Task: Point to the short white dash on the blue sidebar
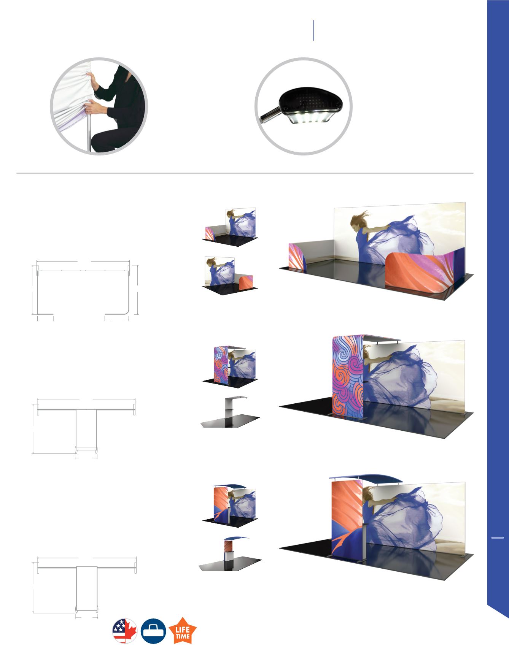tap(498, 538)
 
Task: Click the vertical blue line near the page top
tap(313, 30)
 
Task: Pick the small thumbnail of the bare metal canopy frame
tap(231, 412)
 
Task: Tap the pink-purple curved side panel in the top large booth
tap(297, 258)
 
